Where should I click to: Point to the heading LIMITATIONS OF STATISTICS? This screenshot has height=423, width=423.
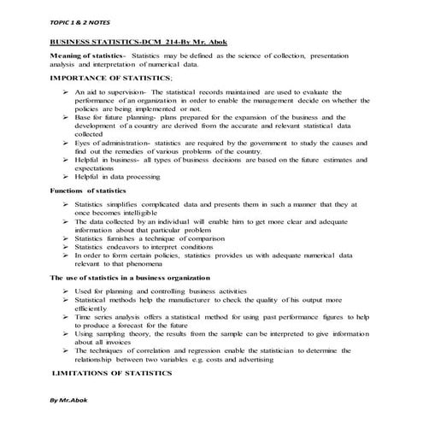coord(112,373)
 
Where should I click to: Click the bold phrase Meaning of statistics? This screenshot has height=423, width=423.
coord(87,56)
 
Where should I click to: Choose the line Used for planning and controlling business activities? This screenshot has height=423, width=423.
coord(155,291)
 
